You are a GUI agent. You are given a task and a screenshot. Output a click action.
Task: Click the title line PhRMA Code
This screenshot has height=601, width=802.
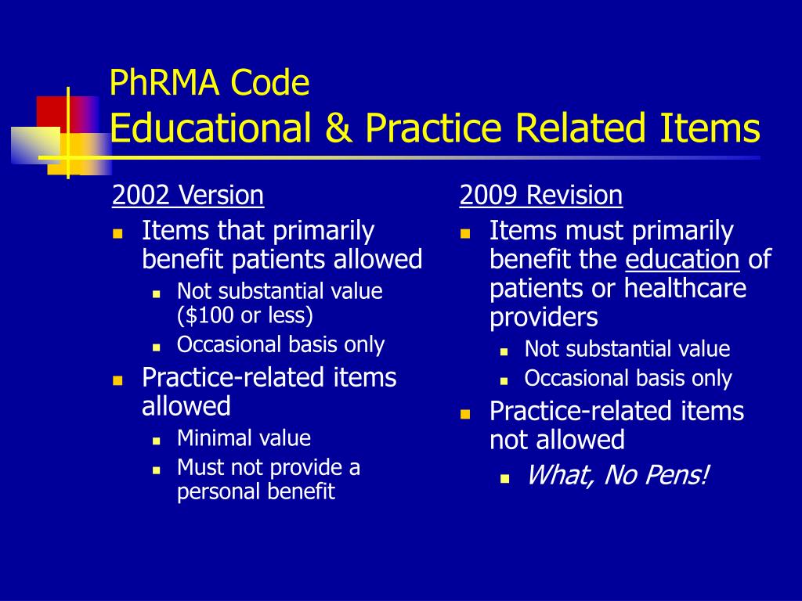tap(210, 83)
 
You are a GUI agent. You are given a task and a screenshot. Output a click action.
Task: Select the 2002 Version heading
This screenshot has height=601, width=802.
tap(188, 195)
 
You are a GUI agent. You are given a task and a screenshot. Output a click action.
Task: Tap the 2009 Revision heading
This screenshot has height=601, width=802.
tap(541, 195)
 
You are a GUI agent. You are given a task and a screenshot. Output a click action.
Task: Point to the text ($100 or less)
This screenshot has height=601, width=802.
tap(245, 315)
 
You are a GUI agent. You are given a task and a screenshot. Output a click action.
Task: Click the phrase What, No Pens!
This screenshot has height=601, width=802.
tap(617, 475)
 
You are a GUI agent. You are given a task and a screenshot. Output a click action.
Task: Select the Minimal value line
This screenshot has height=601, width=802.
tap(244, 438)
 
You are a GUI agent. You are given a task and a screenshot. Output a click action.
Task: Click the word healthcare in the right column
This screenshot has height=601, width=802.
tap(685, 289)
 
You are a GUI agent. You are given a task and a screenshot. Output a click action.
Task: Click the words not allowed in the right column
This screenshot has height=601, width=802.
tap(557, 440)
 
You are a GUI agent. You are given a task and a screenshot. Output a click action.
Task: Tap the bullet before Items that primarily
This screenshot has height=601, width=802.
tap(118, 233)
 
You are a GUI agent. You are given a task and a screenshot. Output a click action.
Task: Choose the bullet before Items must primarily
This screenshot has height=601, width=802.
tap(465, 233)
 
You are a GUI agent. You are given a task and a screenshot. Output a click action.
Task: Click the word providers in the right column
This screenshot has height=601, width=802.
tap(544, 318)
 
